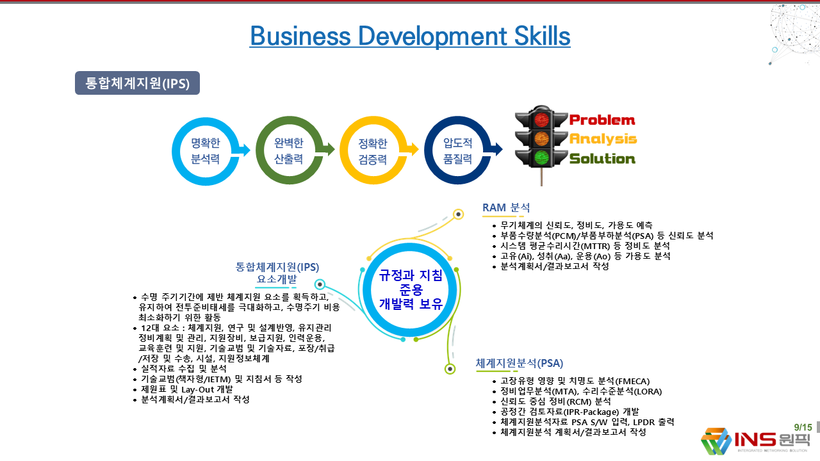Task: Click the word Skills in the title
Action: click(x=542, y=36)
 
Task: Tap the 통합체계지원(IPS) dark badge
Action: click(x=137, y=83)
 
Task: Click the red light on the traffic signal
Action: click(x=541, y=119)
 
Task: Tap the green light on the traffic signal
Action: click(x=541, y=158)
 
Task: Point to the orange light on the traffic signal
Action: click(x=541, y=139)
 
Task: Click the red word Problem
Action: click(x=602, y=120)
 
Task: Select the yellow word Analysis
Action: click(x=603, y=139)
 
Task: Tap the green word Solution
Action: click(x=602, y=158)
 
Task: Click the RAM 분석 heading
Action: click(x=506, y=208)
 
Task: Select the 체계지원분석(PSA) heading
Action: click(x=519, y=363)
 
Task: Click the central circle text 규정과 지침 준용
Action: click(x=411, y=282)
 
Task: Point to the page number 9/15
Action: click(x=803, y=427)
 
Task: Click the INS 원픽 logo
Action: click(x=755, y=441)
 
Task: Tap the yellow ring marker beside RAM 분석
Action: click(x=458, y=214)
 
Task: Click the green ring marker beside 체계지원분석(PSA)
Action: click(x=450, y=369)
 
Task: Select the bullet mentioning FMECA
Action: click(x=571, y=381)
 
